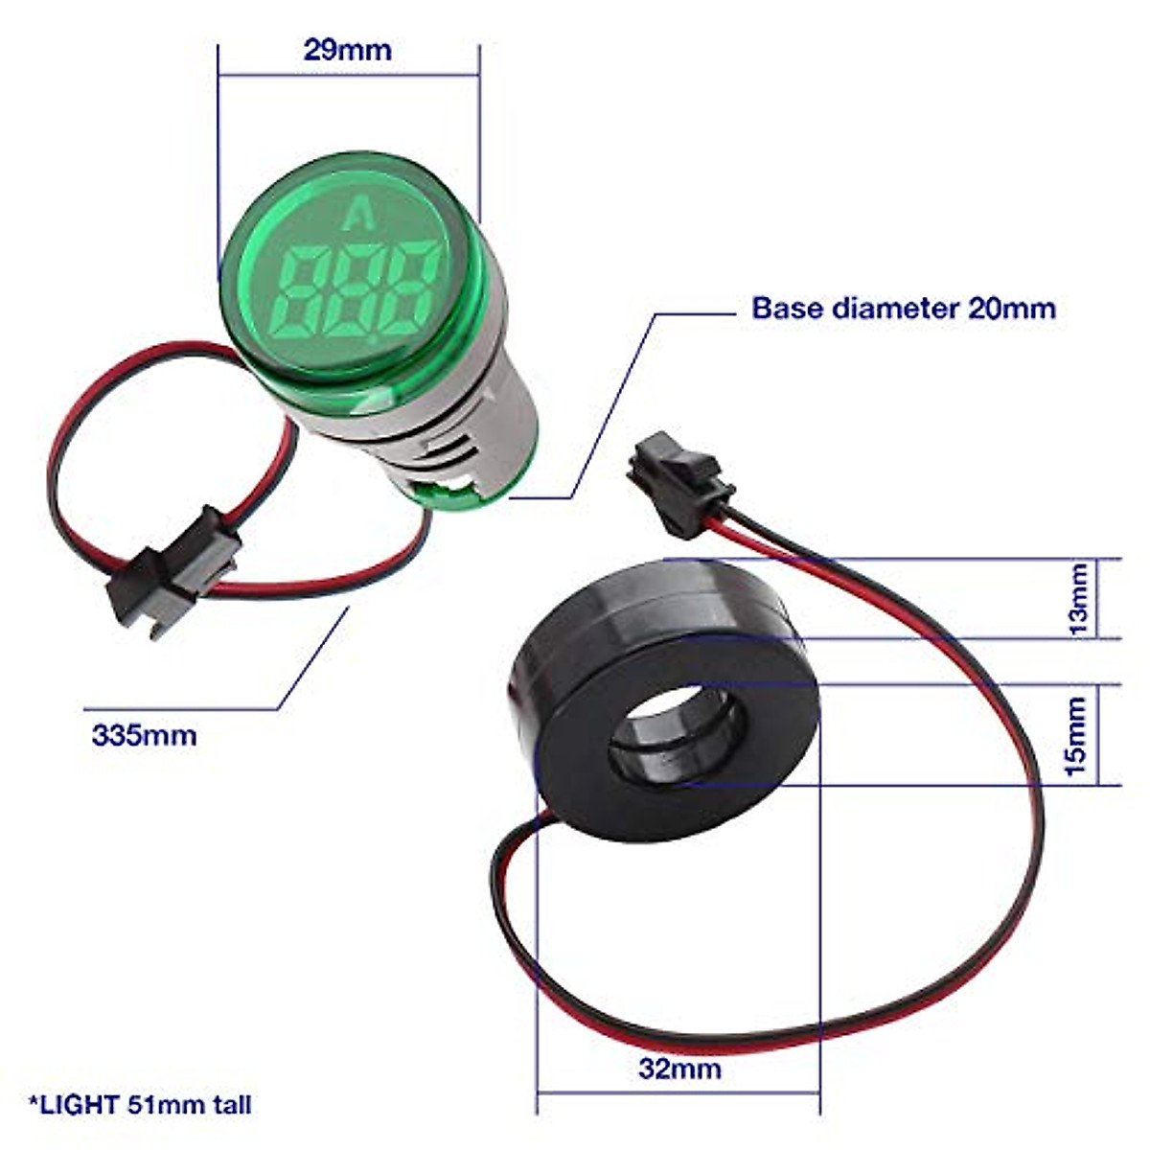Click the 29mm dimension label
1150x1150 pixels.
pos(347,50)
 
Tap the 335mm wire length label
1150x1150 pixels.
pos(144,735)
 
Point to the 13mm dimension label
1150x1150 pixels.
pos(1079,599)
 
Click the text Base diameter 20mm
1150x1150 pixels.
pos(903,308)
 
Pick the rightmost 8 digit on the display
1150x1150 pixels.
pos(414,284)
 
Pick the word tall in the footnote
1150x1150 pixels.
pos(230,1104)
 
